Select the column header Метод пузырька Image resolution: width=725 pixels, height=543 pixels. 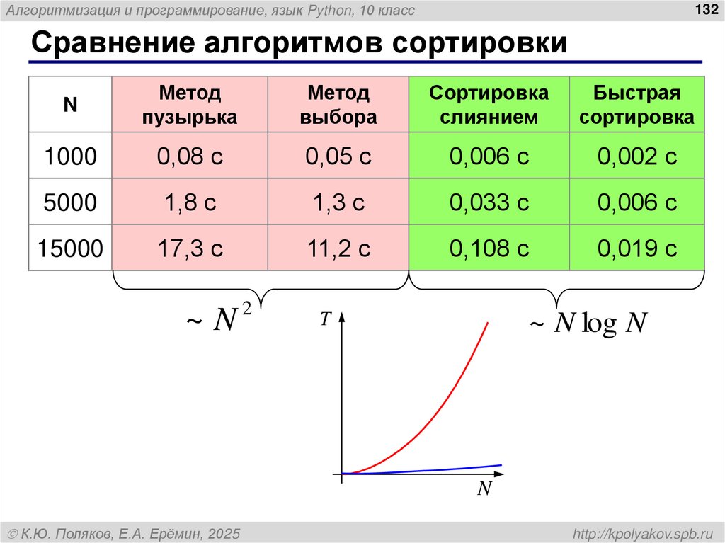(189, 104)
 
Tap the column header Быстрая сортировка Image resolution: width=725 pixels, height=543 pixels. (636, 104)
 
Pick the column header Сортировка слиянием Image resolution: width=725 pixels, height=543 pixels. (489, 104)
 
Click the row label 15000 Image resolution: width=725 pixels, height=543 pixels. (69, 248)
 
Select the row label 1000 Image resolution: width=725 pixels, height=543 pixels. (69, 156)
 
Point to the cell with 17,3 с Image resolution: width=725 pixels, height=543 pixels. (190, 248)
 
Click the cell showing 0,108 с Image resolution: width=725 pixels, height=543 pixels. (489, 248)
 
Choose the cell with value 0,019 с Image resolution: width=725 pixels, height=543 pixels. (637, 248)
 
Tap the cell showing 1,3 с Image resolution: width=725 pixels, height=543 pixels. (338, 202)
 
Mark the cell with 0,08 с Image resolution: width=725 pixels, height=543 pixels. (190, 156)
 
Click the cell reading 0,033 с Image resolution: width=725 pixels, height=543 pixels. (489, 202)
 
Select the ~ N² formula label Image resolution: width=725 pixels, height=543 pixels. (219, 319)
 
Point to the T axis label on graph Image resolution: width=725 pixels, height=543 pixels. (325, 320)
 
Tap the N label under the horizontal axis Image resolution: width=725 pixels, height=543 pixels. (484, 489)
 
